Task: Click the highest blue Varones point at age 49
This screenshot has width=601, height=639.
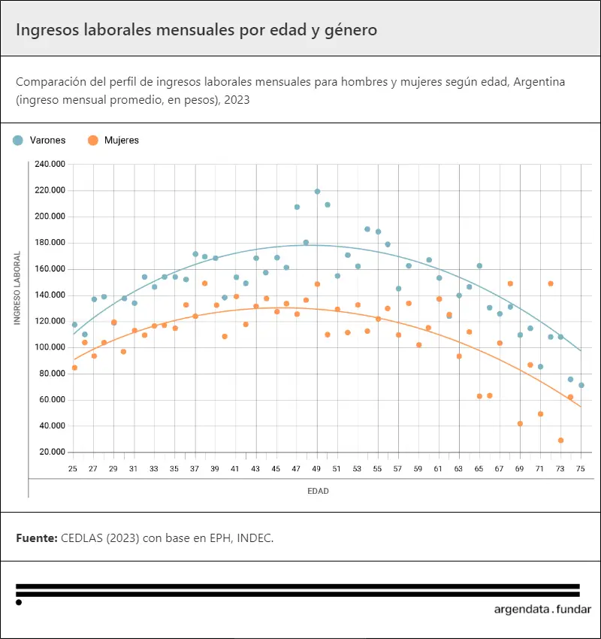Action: pos(317,192)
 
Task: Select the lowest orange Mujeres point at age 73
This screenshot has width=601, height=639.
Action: pos(560,441)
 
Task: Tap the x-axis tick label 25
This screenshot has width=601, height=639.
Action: pos(73,469)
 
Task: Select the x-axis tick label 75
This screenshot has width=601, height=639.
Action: pos(581,469)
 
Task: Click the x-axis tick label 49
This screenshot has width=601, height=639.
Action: pos(317,469)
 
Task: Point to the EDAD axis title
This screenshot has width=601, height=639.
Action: pos(318,492)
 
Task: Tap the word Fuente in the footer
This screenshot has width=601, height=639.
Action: pos(35,539)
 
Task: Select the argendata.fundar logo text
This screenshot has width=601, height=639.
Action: pos(542,610)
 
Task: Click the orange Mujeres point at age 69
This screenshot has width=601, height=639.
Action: pos(520,424)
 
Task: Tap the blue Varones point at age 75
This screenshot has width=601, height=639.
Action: pos(581,386)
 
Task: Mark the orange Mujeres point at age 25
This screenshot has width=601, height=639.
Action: pos(74,368)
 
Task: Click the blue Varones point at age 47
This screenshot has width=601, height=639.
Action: pos(297,207)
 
